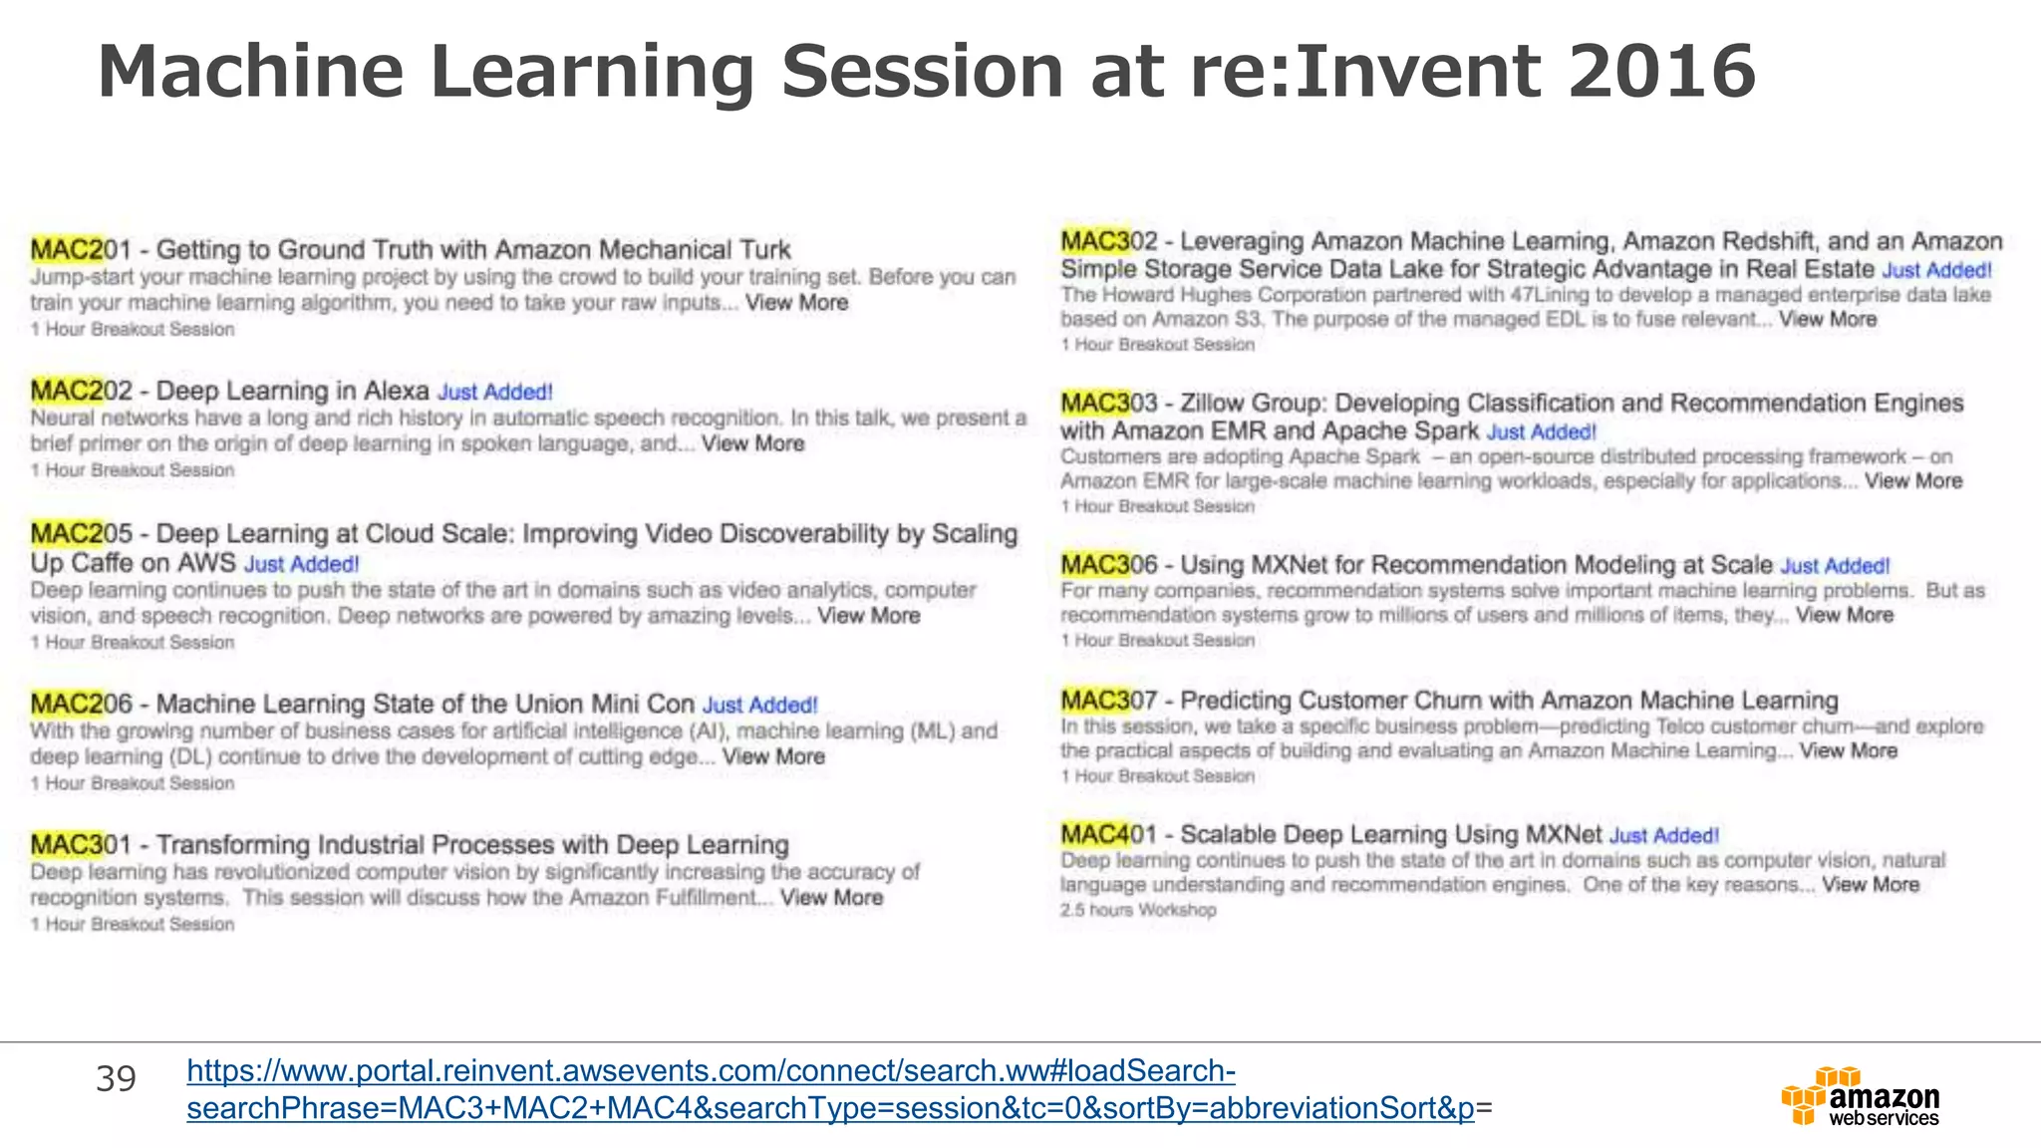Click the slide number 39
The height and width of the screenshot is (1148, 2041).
(x=116, y=1079)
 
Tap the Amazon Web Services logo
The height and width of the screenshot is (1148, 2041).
(x=1860, y=1096)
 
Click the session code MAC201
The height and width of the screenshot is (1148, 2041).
(x=80, y=249)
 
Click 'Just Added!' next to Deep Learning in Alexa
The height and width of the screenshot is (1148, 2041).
(x=495, y=393)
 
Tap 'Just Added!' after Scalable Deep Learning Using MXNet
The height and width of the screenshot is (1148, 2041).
(x=1664, y=836)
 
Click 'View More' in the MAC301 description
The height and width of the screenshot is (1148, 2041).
(x=831, y=898)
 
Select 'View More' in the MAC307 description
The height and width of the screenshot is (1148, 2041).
(x=1848, y=751)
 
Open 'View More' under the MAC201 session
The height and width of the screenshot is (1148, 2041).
(x=796, y=303)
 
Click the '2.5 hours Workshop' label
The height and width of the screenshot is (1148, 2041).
(x=1138, y=910)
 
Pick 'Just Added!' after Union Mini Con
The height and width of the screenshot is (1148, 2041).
(x=760, y=706)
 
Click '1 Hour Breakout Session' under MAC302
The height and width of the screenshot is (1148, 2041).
(x=1157, y=345)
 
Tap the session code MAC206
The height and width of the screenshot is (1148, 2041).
(x=80, y=704)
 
